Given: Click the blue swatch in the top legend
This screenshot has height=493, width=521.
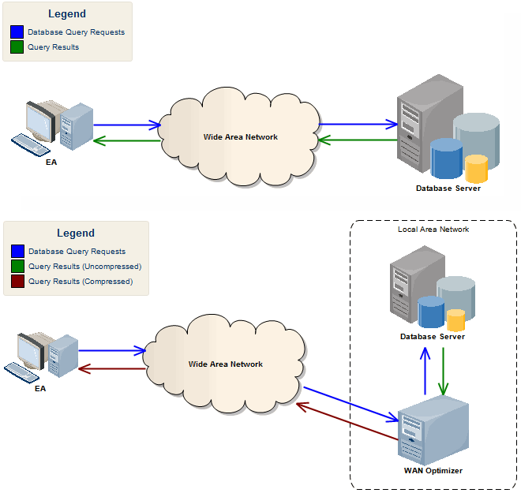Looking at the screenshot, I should [17, 32].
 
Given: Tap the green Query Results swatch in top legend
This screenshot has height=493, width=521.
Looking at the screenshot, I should [17, 47].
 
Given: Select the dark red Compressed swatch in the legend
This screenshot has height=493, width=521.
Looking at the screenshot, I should [17, 282].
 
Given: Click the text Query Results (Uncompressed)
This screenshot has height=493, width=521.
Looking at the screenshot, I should [84, 267].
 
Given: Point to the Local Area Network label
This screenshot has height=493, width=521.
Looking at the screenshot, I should [433, 230].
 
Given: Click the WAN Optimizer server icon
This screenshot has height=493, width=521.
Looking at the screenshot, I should [432, 432].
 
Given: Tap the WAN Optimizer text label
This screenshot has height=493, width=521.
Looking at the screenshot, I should [433, 471].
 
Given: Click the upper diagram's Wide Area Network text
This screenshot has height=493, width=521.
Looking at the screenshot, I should [241, 137].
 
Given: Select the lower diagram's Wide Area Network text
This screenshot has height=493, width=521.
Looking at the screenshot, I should [226, 364].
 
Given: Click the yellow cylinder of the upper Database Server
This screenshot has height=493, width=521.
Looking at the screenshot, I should [476, 168].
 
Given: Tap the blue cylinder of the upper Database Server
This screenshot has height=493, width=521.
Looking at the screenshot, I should [446, 157].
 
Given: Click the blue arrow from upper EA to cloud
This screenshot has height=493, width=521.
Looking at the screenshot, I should [126, 125].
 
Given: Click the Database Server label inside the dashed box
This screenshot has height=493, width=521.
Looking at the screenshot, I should [433, 337].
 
